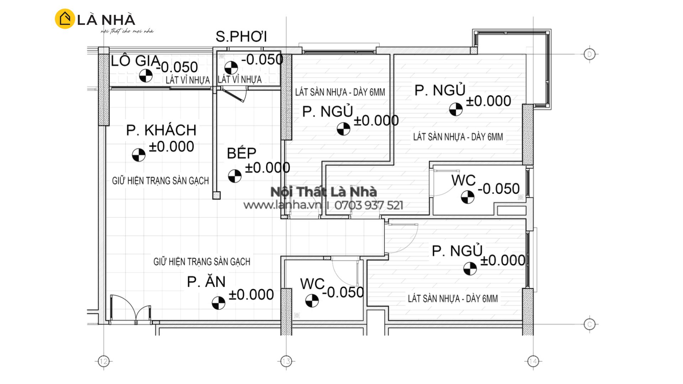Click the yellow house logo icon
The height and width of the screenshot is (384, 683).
65,18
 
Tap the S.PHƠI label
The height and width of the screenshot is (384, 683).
241,37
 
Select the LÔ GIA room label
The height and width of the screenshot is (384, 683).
136,61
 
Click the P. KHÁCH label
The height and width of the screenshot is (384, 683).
161,130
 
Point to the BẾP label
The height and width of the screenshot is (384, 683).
242,153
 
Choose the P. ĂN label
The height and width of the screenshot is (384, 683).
206,282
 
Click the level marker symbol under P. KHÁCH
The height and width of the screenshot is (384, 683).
139,155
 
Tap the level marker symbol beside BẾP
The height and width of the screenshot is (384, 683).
235,176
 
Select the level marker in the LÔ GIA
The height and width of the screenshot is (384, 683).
145,75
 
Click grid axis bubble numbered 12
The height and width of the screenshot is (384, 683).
104,362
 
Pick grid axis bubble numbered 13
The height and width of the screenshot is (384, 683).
286,362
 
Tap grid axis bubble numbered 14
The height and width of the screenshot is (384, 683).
533,362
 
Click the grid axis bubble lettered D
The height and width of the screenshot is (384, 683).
590,54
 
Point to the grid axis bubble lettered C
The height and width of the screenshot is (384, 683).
590,324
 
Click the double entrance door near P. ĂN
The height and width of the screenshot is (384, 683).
131,309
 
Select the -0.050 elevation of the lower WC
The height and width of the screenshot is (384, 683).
343,292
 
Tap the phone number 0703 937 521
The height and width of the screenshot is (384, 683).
369,205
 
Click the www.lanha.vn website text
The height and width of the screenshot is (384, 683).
282,205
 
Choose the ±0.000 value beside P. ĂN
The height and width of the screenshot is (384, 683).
251,294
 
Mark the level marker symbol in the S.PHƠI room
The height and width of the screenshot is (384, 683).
231,68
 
